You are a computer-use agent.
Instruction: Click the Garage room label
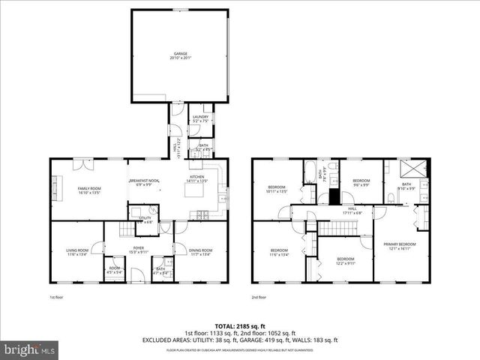pos(180,54)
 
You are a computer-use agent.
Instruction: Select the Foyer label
pos(139,248)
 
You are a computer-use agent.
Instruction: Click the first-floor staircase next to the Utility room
pos(125,228)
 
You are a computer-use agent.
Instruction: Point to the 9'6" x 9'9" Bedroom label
pos(361,181)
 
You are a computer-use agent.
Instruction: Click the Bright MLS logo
pos(30,349)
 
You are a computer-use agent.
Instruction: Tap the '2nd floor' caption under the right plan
pos(259,298)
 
